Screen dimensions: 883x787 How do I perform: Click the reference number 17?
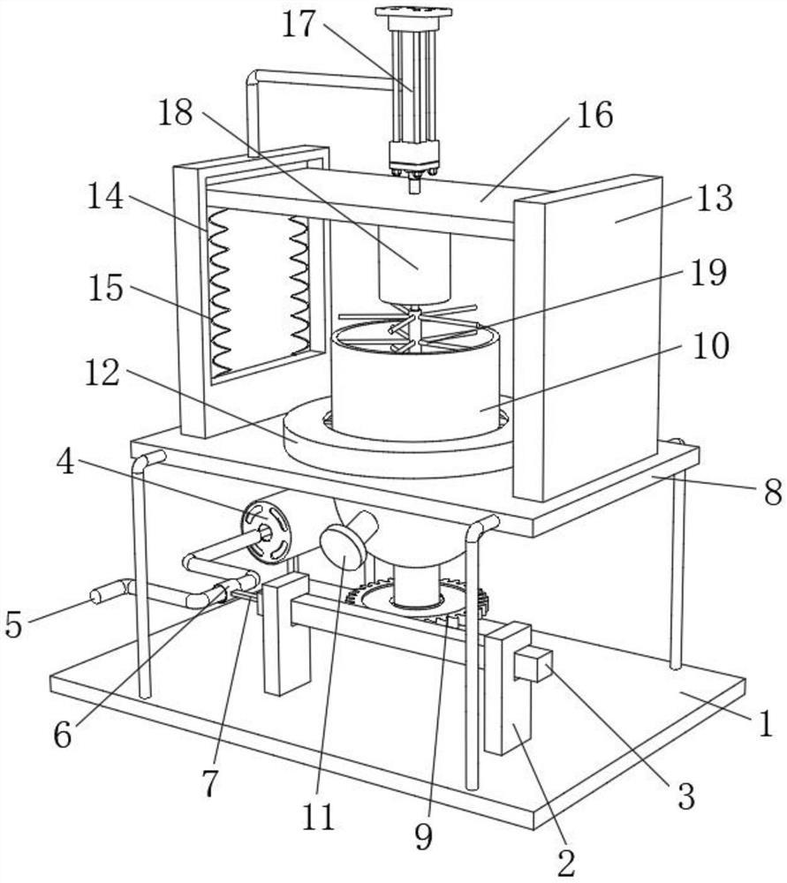click(299, 24)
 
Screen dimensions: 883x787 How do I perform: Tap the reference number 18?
click(175, 114)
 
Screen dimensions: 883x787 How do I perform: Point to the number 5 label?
click(13, 624)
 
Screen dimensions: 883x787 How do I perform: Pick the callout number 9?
click(424, 835)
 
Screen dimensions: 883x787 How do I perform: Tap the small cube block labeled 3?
click(533, 665)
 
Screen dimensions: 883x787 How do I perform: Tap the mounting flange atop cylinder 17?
click(412, 12)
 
